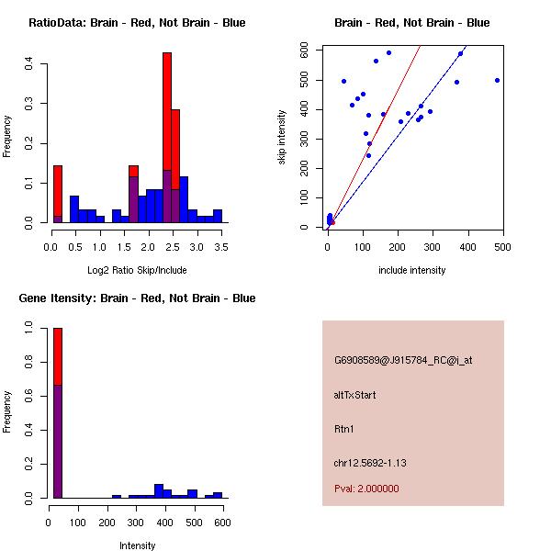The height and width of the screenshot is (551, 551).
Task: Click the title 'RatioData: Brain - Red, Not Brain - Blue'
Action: [x=137, y=23]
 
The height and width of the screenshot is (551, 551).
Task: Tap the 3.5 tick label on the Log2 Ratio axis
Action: [x=218, y=246]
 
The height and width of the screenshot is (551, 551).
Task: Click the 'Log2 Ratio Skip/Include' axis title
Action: [x=137, y=270]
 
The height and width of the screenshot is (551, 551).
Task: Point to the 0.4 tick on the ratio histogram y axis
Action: [x=30, y=63]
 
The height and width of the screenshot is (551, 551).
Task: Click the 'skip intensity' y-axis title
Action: [x=282, y=137]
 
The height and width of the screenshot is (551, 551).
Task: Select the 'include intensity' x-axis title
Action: [x=412, y=270]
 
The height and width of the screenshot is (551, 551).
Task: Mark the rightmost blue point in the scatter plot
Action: [x=497, y=80]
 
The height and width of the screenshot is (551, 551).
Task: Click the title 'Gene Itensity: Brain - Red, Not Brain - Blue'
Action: [x=137, y=298]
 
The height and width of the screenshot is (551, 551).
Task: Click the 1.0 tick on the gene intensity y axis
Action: [x=30, y=327]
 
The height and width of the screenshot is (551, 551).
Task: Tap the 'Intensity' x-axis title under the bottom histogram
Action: [x=137, y=545]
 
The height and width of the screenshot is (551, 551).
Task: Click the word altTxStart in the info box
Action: [x=355, y=395]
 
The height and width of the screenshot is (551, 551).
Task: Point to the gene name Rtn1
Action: [x=344, y=429]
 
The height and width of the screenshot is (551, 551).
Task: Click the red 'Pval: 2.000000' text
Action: [x=366, y=489]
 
